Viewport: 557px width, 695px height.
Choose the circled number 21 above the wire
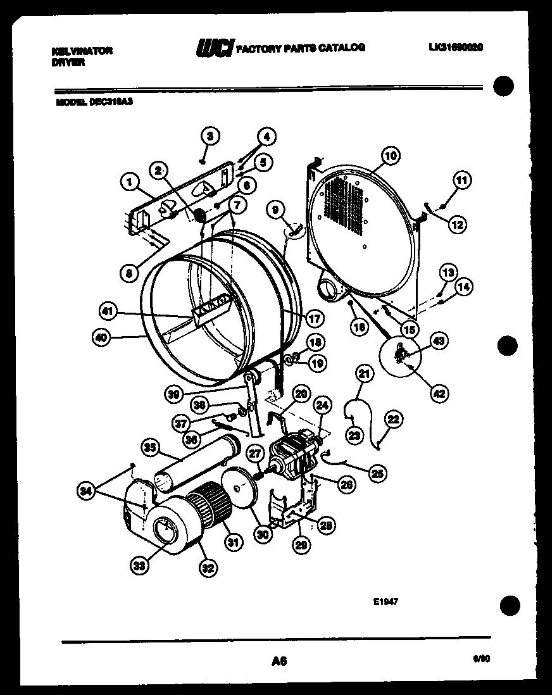364,374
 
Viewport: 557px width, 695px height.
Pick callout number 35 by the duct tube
149,449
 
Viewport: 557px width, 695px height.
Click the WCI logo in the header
215,48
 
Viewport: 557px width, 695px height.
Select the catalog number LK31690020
456,47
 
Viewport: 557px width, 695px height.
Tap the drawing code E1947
385,604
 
